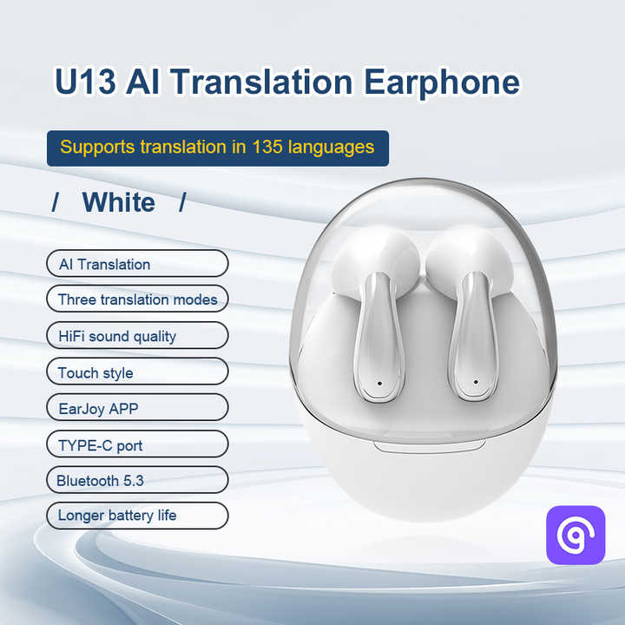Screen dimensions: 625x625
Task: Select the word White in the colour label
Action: pos(119,202)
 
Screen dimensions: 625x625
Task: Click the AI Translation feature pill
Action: pos(137,264)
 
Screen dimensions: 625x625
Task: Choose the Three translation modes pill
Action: pos(137,299)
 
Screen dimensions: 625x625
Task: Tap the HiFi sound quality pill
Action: pos(137,336)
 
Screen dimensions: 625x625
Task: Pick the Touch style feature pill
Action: pos(137,372)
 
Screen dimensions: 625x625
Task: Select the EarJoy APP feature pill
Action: pos(137,408)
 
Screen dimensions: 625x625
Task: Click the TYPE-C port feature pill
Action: pos(137,445)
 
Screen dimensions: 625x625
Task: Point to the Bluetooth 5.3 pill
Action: pos(137,480)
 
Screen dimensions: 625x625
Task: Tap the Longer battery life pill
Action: pos(137,516)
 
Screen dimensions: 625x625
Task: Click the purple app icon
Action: pos(575,535)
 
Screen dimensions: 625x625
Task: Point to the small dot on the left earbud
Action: pos(380,382)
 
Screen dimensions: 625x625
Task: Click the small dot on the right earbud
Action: pos(476,382)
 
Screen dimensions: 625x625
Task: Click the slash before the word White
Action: pos(56,203)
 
